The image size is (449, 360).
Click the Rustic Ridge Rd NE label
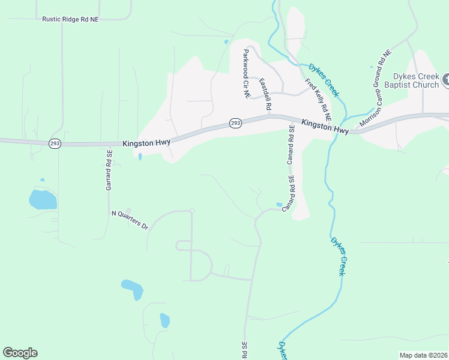[70, 19]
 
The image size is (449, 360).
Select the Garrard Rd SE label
[109, 170]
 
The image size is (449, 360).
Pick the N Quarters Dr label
[130, 220]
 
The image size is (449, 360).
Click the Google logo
[20, 353]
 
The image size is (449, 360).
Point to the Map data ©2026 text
[423, 355]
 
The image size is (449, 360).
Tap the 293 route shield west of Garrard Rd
[54, 145]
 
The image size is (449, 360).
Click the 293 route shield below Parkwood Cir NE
[235, 123]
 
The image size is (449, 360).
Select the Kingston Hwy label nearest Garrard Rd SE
[146, 143]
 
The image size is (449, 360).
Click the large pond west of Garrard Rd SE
[43, 199]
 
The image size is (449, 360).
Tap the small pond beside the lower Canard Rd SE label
[279, 205]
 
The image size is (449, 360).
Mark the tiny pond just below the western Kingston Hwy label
[140, 157]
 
